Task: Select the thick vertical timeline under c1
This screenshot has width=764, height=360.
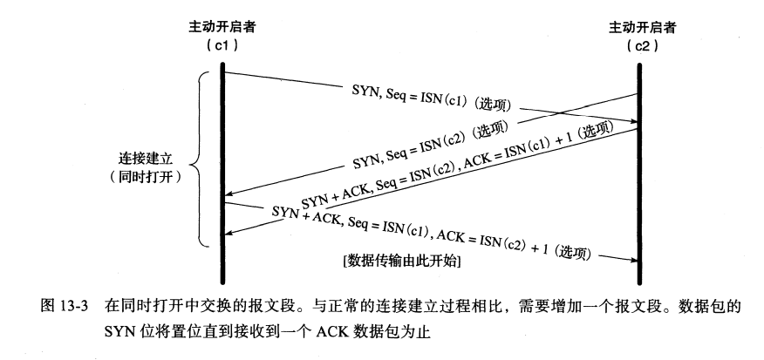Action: pyautogui.click(x=223, y=157)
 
